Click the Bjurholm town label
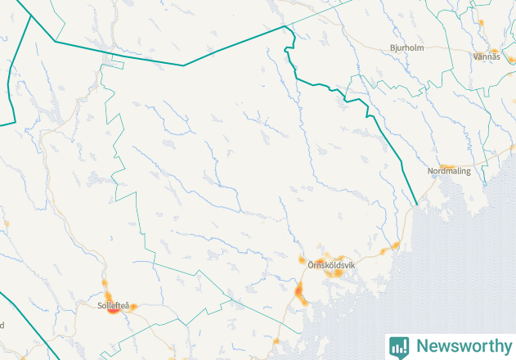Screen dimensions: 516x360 click(x=406, y=47)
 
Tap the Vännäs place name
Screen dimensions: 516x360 click(x=486, y=56)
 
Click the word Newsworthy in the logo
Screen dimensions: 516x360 click(x=461, y=346)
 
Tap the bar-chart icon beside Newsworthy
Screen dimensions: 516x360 click(x=400, y=346)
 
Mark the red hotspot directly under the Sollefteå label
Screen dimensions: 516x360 click(x=112, y=311)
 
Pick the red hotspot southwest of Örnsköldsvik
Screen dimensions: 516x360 click(x=298, y=290)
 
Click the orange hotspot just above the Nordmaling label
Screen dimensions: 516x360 click(x=447, y=165)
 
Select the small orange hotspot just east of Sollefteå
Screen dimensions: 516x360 click(x=133, y=308)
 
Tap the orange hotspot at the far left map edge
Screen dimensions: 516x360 click(x=6, y=223)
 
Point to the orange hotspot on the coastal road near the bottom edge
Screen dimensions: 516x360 click(x=276, y=341)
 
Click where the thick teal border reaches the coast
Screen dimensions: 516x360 click(x=417, y=204)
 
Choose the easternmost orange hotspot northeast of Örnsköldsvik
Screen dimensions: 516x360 click(x=395, y=245)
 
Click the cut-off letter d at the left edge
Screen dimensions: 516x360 click(x=2, y=325)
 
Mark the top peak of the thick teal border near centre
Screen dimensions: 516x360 click(x=285, y=26)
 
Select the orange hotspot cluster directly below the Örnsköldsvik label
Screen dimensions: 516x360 click(x=334, y=273)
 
